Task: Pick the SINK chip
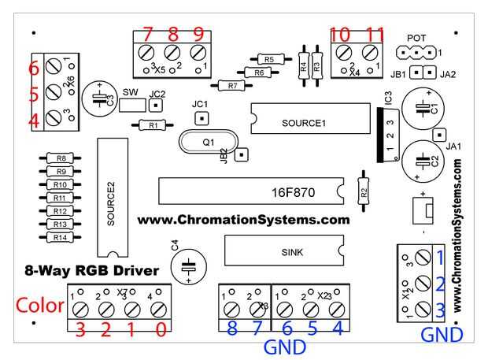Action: pyautogui.click(x=284, y=252)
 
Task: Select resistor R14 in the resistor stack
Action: pyautogui.click(x=59, y=237)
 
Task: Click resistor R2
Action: pyautogui.click(x=363, y=190)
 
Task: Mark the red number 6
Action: pyautogui.click(x=33, y=69)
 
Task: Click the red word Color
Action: pyautogui.click(x=39, y=306)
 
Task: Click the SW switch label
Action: pyautogui.click(x=130, y=93)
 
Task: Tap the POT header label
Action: pyautogui.click(x=416, y=38)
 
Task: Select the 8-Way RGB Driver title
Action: pyautogui.click(x=91, y=271)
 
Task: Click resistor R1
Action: pyautogui.click(x=153, y=124)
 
